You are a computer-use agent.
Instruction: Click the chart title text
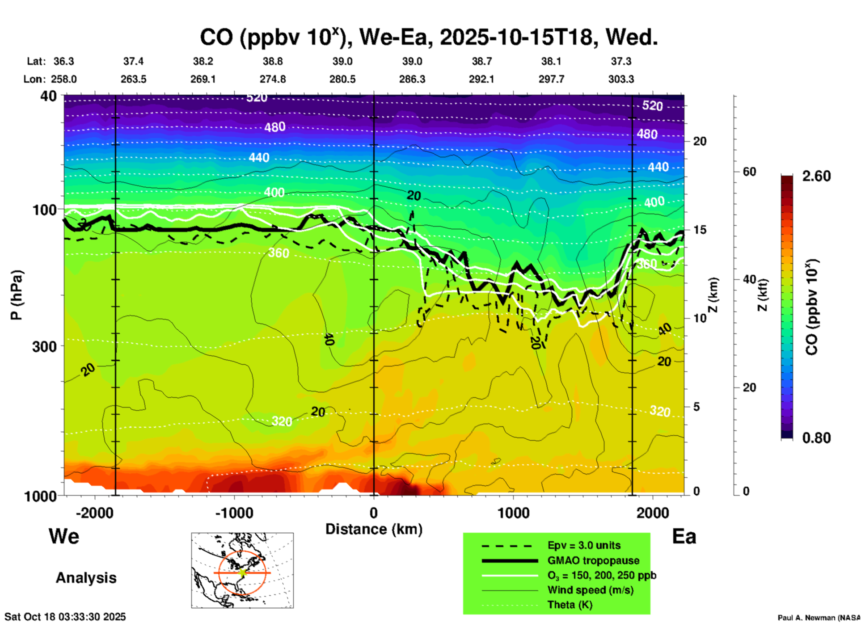[x=428, y=37]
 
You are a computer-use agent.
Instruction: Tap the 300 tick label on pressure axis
[x=44, y=346]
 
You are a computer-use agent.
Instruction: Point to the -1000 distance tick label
[x=233, y=513]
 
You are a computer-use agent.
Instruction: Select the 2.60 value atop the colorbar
[x=816, y=176]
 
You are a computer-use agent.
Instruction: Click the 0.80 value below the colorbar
[x=816, y=438]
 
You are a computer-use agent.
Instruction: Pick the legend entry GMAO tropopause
[x=593, y=560]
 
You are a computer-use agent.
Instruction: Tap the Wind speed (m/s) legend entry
[x=591, y=590]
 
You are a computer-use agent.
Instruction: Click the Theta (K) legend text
[x=570, y=605]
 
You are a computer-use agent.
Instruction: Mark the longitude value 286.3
[x=412, y=79]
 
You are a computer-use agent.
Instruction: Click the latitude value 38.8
[x=273, y=61]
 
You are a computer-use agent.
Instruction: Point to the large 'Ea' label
[x=684, y=536]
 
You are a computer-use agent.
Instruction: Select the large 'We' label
[x=64, y=536]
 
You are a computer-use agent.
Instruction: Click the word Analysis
[x=86, y=578]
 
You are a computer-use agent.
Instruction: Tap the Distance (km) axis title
[x=374, y=529]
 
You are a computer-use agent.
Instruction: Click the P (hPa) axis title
[x=16, y=295]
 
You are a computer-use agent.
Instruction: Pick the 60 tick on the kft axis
[x=749, y=172]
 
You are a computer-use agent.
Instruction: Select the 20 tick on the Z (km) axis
[x=700, y=141]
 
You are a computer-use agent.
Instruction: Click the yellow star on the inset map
[x=242, y=572]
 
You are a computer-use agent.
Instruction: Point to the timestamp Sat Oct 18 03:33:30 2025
[x=65, y=617]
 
